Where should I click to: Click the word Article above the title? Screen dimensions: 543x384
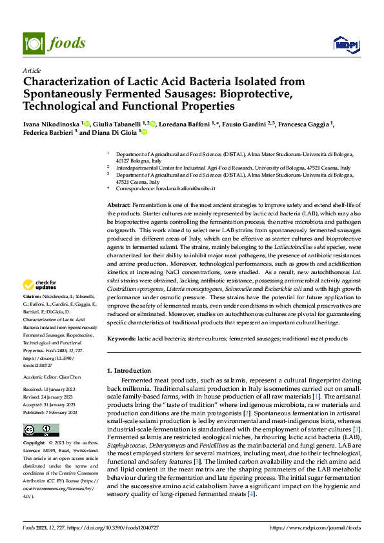tap(32, 70)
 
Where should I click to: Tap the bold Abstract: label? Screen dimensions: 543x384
tap(119, 204)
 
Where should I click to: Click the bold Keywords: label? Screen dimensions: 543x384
tap(121, 338)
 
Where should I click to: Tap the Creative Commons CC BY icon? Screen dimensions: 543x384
tap(41, 430)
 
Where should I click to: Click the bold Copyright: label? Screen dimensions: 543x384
tap(34, 444)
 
